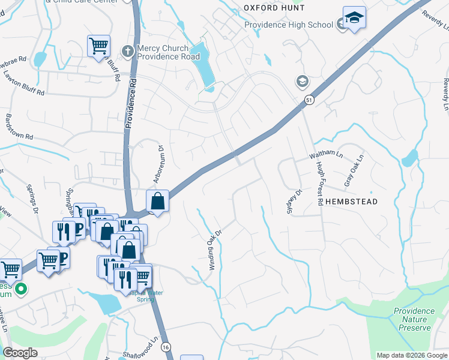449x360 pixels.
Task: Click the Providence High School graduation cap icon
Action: [x=354, y=18]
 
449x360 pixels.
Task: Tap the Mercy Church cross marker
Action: [x=127, y=52]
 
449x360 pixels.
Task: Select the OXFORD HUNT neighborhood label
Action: [x=274, y=8]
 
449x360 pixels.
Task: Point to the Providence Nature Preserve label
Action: [x=414, y=319]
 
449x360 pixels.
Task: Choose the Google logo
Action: [x=20, y=353]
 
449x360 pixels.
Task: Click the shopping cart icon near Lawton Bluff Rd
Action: [x=98, y=46]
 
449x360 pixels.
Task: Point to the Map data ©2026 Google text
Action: [x=411, y=355]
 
